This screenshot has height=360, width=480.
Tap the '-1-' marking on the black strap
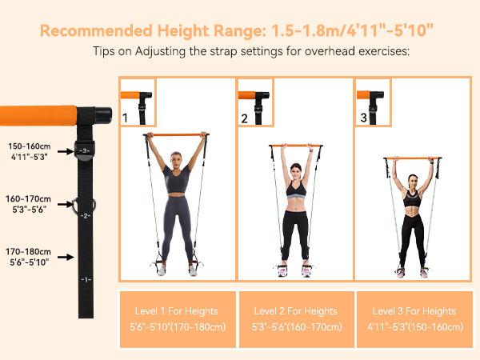click(x=86, y=279)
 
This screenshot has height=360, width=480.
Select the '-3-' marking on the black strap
click(x=86, y=150)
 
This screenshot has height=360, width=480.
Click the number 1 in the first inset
click(x=125, y=118)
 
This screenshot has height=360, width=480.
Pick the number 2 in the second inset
click(x=244, y=118)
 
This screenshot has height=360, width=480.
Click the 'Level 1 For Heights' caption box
click(x=177, y=318)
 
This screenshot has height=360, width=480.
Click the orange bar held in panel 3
click(x=413, y=158)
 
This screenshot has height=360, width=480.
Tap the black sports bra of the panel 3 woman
click(x=413, y=198)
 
